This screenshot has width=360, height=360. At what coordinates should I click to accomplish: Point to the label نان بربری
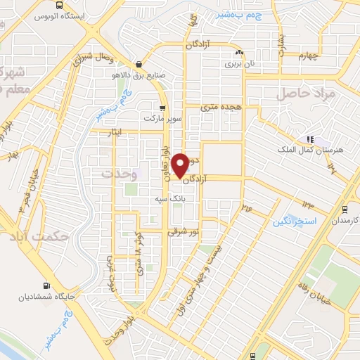(x=238, y=63)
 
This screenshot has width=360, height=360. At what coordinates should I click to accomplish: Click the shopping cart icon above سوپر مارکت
(x=163, y=108)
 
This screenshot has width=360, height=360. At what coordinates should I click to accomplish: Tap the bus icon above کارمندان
(x=345, y=209)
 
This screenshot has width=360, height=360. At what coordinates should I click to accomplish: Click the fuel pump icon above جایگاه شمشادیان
(x=46, y=285)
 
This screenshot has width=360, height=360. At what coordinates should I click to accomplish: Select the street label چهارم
(x=307, y=56)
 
